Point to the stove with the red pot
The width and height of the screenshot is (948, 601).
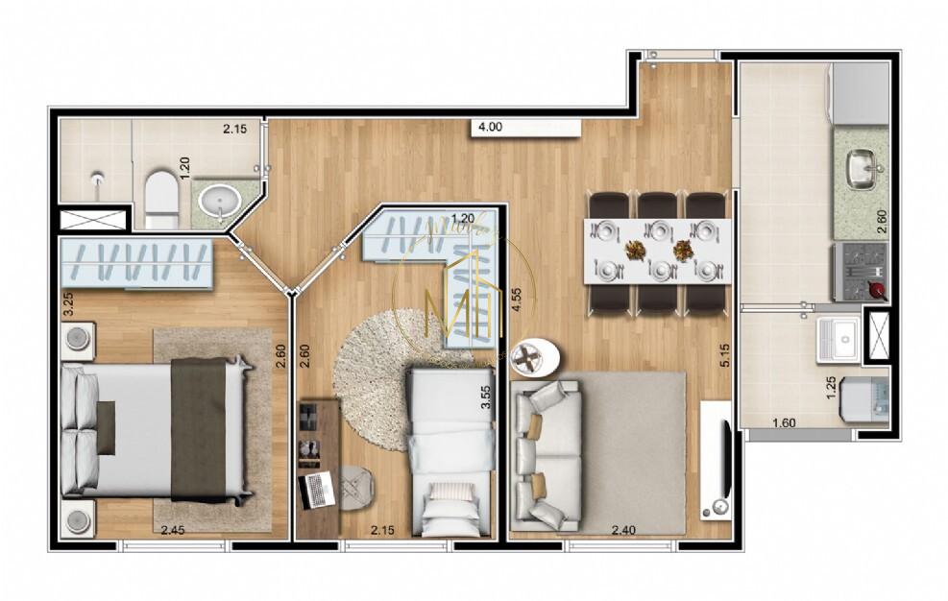[861, 270]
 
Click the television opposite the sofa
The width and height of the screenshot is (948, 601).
[717, 460]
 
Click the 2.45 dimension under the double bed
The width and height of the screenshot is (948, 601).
[173, 531]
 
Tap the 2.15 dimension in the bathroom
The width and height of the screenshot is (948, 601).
[235, 129]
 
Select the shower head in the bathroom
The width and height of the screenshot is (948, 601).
[97, 180]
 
